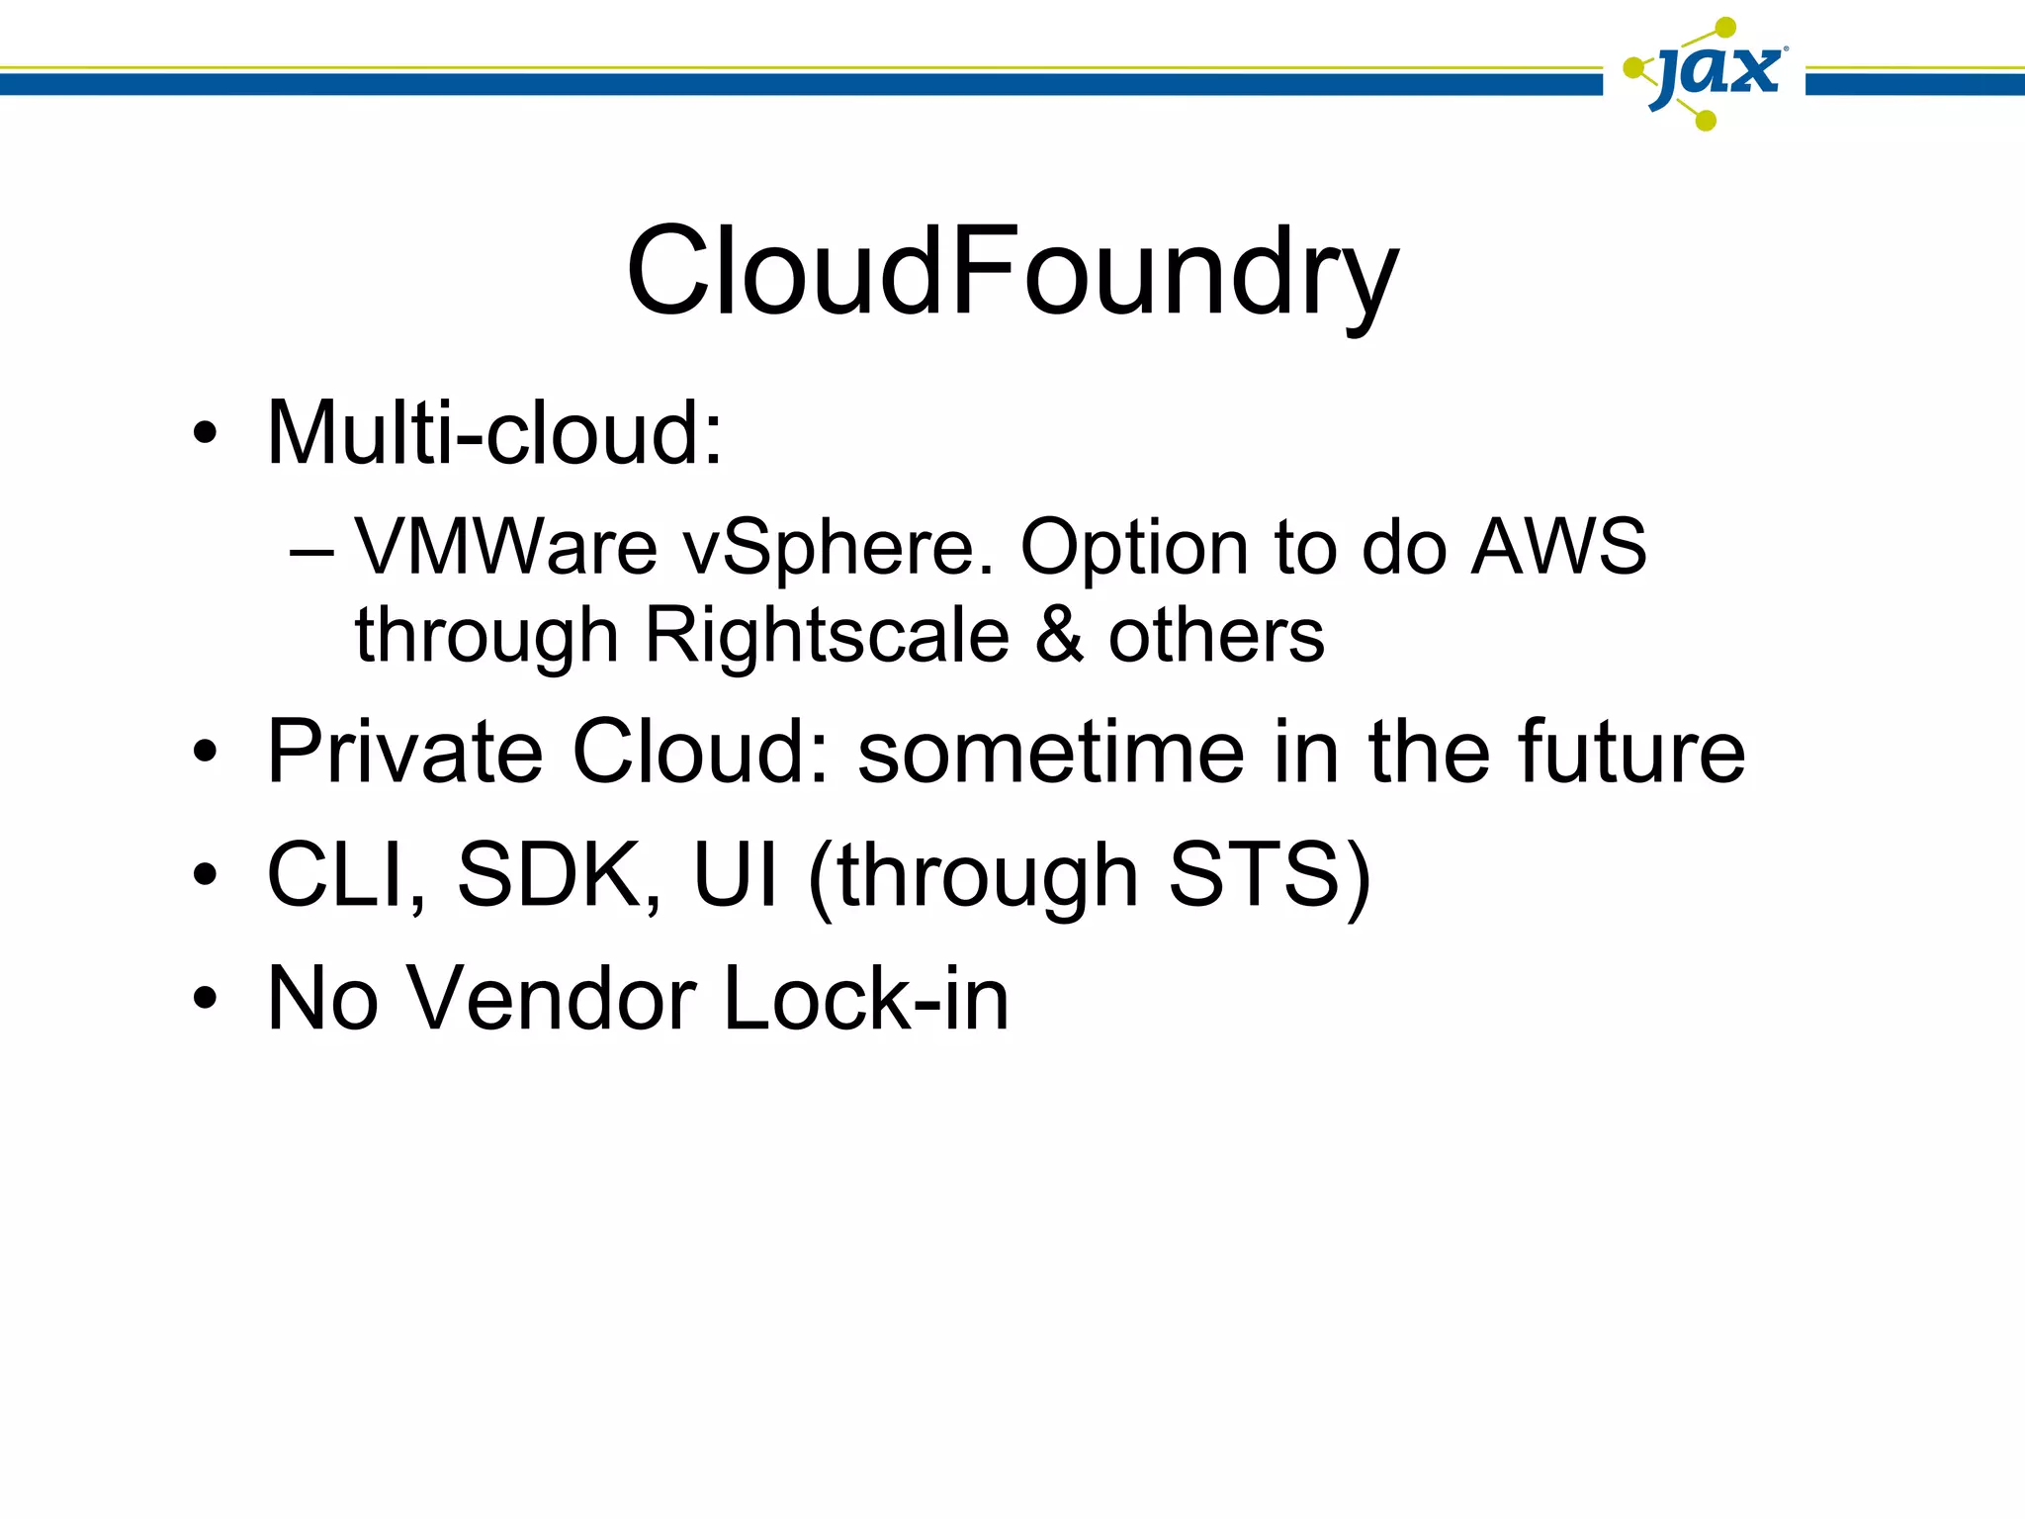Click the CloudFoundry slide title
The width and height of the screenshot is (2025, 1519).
coord(1012,271)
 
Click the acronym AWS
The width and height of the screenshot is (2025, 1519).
coord(1558,547)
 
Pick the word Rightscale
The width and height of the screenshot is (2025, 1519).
coord(827,635)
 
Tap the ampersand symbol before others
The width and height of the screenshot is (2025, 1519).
coord(1060,635)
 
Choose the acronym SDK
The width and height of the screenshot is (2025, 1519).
coord(557,875)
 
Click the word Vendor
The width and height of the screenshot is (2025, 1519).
coord(552,999)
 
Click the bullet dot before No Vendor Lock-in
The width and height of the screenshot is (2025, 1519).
coord(205,999)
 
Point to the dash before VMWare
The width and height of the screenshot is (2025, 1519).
coord(311,550)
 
